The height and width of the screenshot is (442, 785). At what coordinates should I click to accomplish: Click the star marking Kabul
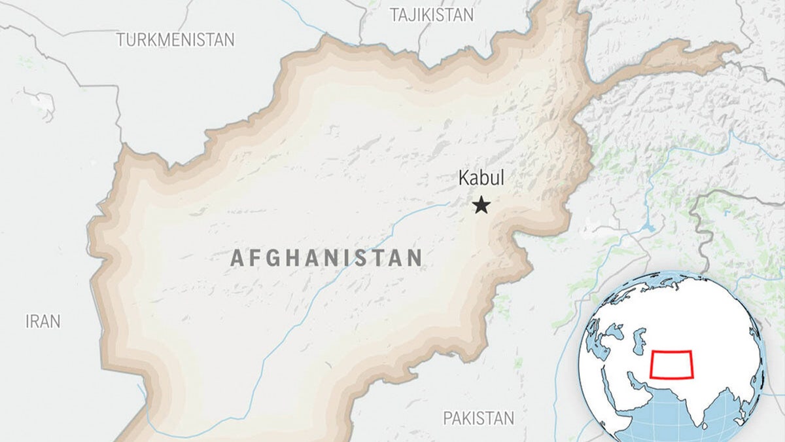click(481, 206)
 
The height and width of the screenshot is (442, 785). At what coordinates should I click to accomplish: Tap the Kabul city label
click(481, 178)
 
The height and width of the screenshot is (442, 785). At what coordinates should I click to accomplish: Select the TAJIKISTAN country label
click(432, 15)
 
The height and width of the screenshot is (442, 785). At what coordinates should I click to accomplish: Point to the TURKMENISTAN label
click(175, 40)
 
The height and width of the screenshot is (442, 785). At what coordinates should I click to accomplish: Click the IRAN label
click(43, 322)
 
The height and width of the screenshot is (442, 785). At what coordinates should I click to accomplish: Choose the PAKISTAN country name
click(479, 418)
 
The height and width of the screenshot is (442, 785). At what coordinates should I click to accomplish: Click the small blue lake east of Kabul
click(648, 228)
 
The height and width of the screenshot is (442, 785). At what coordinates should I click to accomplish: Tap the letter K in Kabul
click(464, 178)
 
